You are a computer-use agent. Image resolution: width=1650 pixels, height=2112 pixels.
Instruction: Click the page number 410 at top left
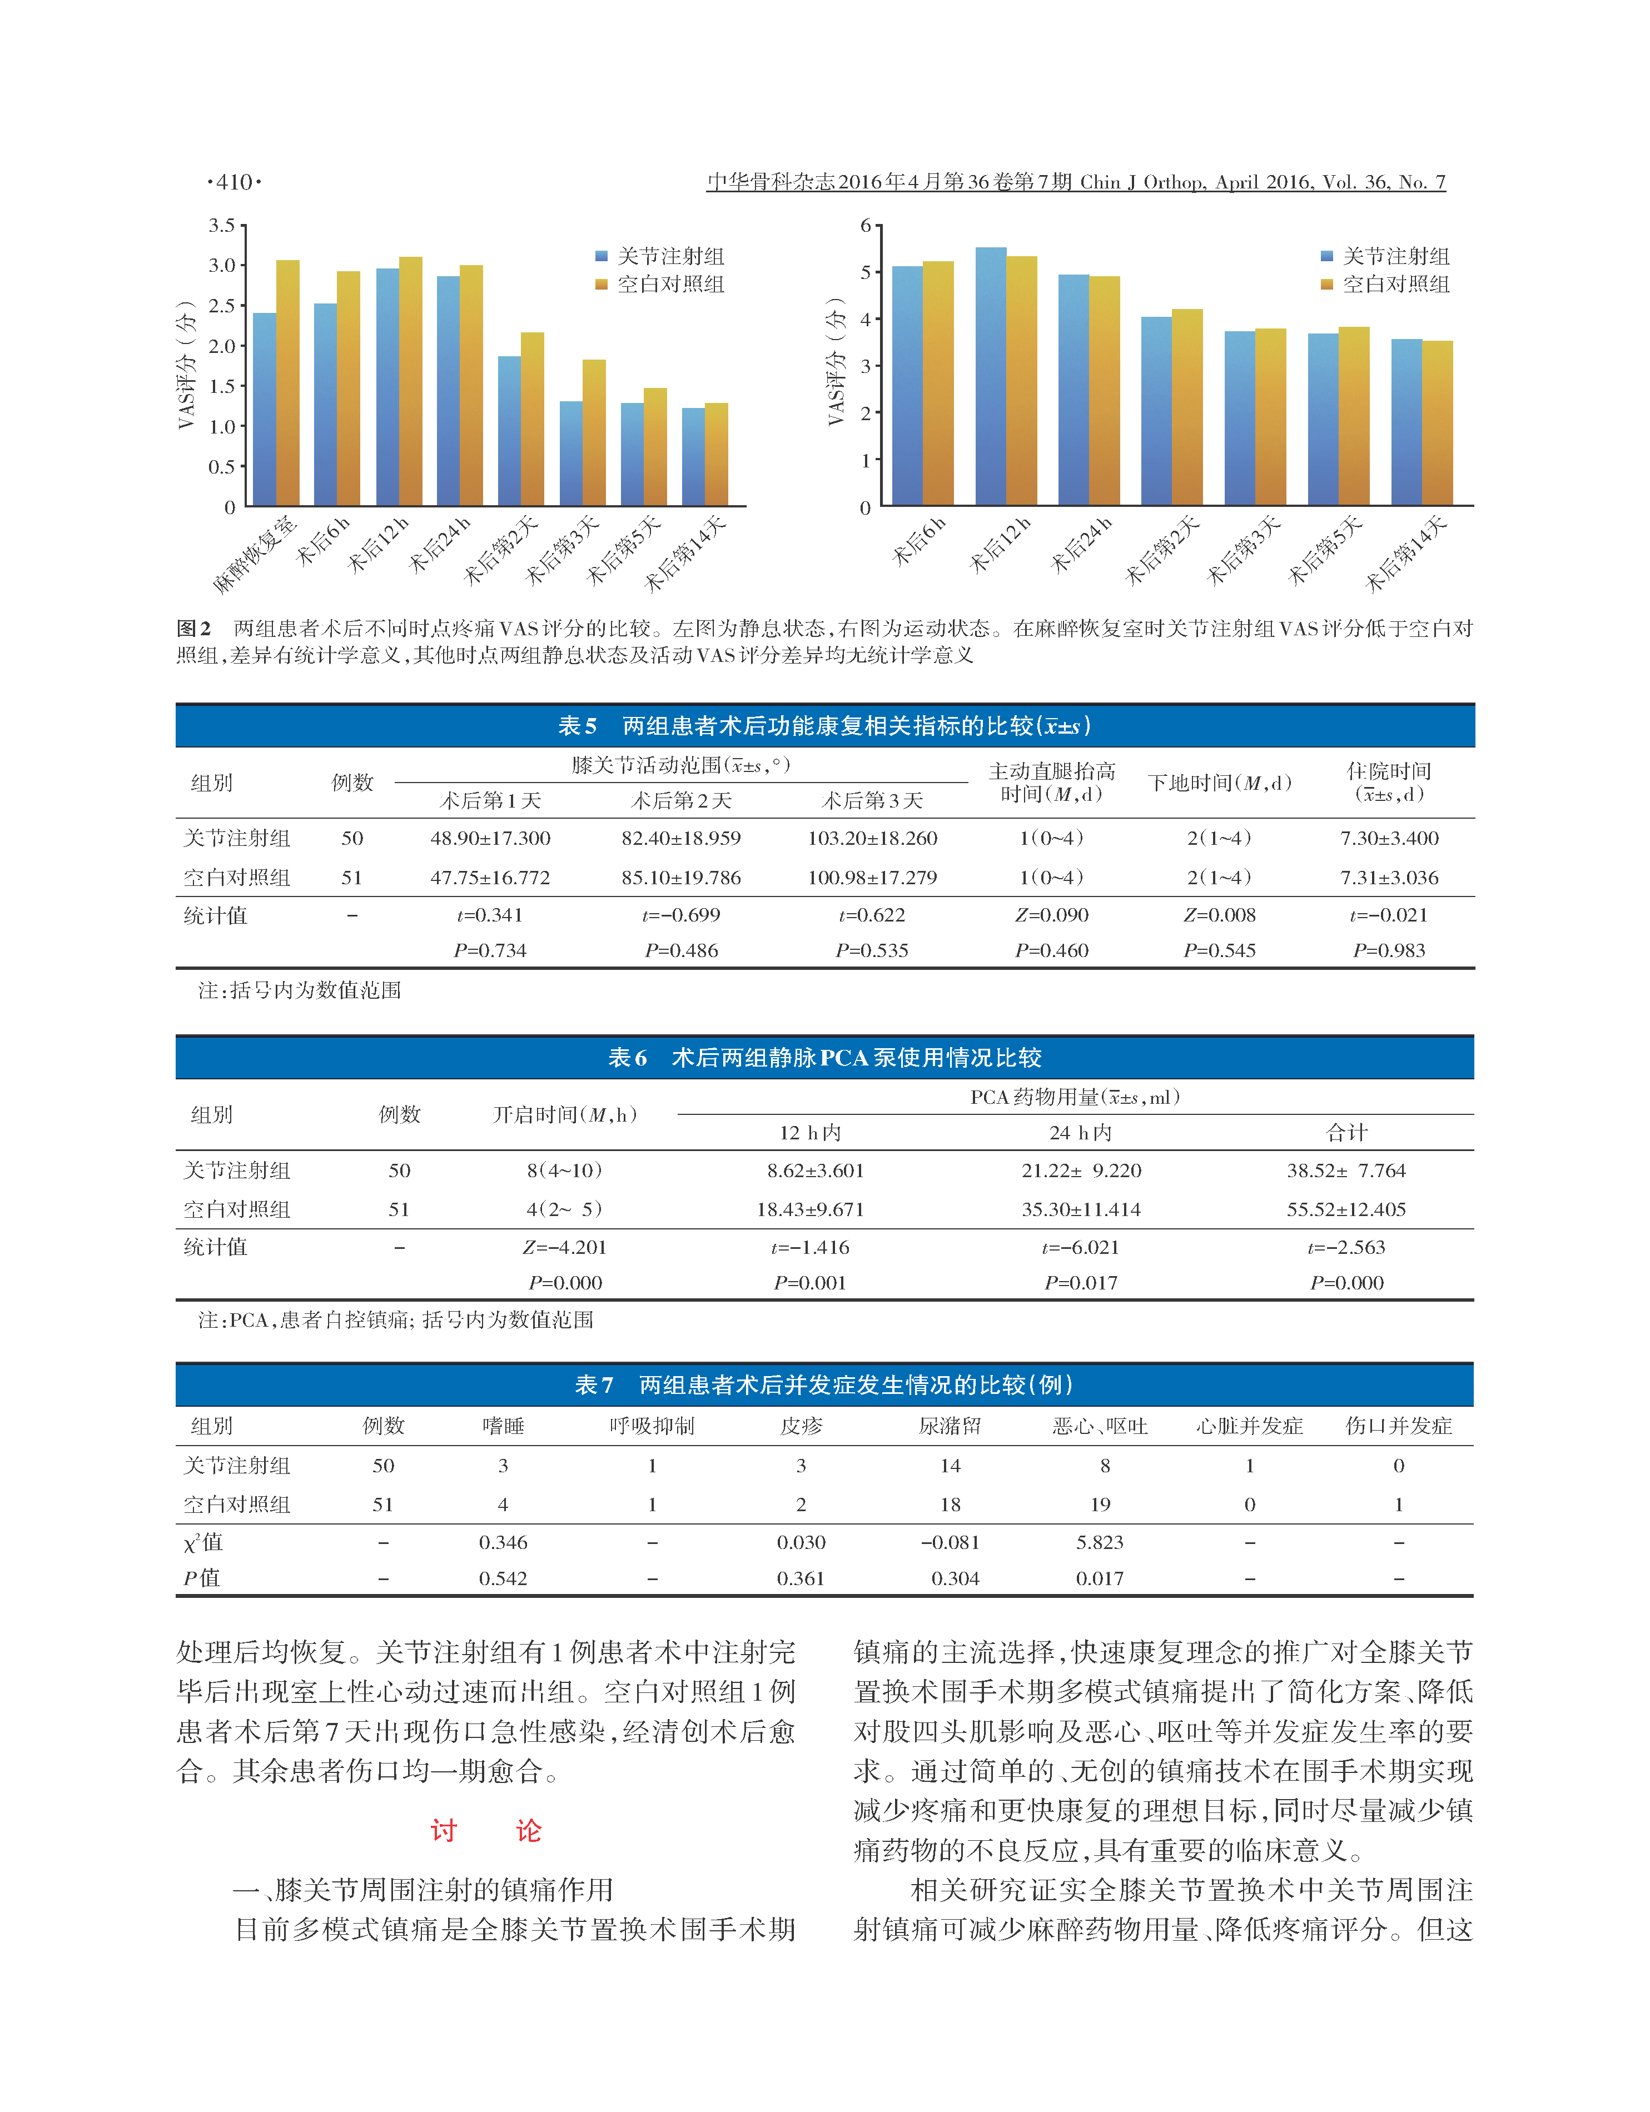pos(234,182)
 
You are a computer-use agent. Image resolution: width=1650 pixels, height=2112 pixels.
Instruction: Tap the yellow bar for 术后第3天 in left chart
pos(594,432)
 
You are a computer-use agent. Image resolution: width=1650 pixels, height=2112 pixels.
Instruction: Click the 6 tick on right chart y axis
pos(866,225)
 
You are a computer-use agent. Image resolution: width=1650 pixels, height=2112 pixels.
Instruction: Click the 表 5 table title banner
pos(824,725)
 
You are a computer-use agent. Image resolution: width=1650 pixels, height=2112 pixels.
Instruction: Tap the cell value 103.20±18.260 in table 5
pos(872,839)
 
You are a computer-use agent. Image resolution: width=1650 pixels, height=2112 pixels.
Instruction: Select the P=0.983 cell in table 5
pos(1389,950)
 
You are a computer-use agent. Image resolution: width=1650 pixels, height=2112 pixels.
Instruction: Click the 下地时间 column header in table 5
pos(1220,783)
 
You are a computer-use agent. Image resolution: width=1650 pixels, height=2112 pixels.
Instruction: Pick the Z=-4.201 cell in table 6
pos(565,1248)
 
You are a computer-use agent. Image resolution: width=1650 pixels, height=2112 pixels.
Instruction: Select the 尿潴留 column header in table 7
pos(950,1426)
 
